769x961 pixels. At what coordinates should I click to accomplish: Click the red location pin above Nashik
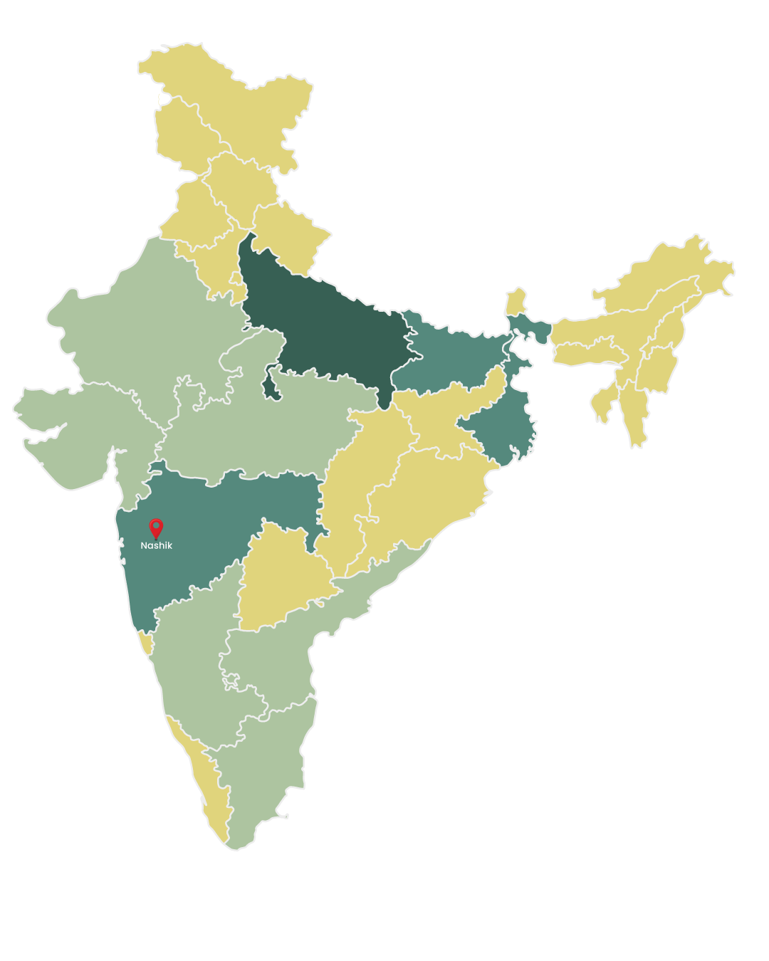tap(156, 527)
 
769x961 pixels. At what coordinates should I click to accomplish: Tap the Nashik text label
tap(156, 546)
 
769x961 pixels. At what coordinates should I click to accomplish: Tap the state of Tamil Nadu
tap(263, 769)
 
